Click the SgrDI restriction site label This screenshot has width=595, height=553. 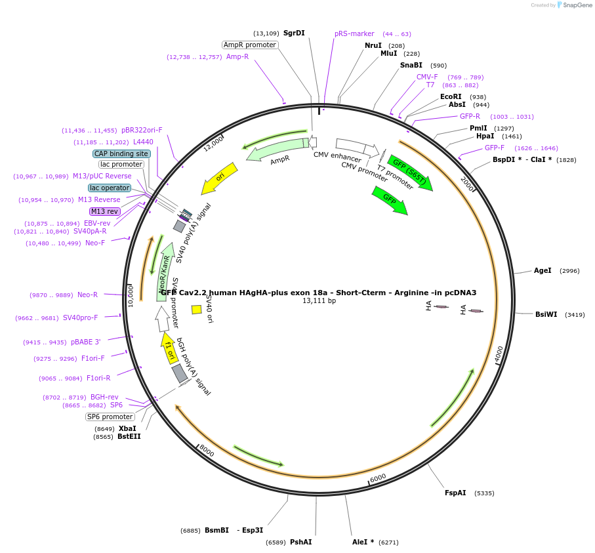tap(294, 33)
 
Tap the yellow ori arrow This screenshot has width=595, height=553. tap(219, 178)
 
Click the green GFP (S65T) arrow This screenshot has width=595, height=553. tap(410, 173)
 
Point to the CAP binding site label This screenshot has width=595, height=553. tap(121, 154)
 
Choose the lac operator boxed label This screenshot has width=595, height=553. tap(110, 188)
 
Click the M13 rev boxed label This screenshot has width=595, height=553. tap(104, 211)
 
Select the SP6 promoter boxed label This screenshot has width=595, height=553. tap(110, 417)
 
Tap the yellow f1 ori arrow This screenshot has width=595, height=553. tap(169, 347)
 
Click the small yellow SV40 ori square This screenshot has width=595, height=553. tap(196, 310)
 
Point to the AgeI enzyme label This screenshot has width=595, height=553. tap(543, 270)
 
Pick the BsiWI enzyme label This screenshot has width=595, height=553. tap(546, 314)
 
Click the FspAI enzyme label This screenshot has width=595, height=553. tap(455, 493)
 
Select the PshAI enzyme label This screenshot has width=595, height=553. tap(300, 542)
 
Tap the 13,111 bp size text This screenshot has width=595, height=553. tap(319, 301)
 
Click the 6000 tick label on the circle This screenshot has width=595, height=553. tap(378, 478)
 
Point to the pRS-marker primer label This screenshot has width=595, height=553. tap(354, 33)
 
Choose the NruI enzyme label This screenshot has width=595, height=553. tap(373, 45)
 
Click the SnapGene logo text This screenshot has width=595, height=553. tap(577, 5)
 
